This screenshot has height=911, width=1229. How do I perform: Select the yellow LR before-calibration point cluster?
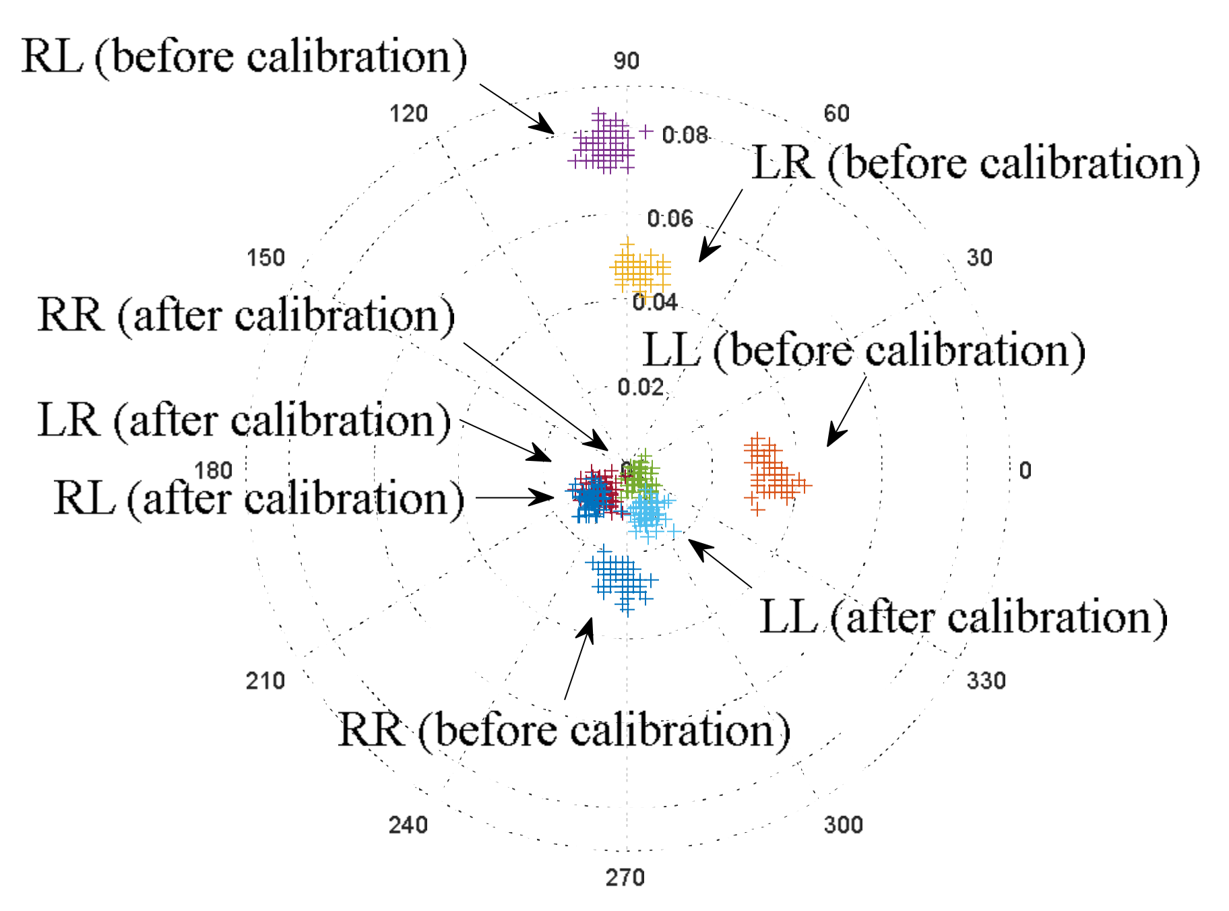pos(639,270)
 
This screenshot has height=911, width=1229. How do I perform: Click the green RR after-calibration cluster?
pos(639,475)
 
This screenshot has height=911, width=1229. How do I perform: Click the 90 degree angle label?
pos(626,61)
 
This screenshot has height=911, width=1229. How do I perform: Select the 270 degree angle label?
pos(625,877)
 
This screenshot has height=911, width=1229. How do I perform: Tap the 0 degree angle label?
pos(1025,470)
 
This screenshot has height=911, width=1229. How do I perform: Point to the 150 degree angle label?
pos(265,257)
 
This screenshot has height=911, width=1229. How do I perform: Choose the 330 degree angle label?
pos(986,681)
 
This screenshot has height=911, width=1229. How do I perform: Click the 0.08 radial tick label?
pos(685,135)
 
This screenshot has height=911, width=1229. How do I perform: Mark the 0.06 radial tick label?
pos(670,218)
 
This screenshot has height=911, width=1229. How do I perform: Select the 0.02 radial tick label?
pos(640,387)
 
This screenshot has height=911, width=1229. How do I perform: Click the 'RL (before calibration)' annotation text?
pos(244,57)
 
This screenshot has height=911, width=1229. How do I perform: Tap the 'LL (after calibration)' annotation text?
pos(963,617)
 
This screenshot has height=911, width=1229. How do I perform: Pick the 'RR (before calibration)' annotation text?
pos(564,730)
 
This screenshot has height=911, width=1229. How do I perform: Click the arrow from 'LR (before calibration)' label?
pos(721,225)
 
